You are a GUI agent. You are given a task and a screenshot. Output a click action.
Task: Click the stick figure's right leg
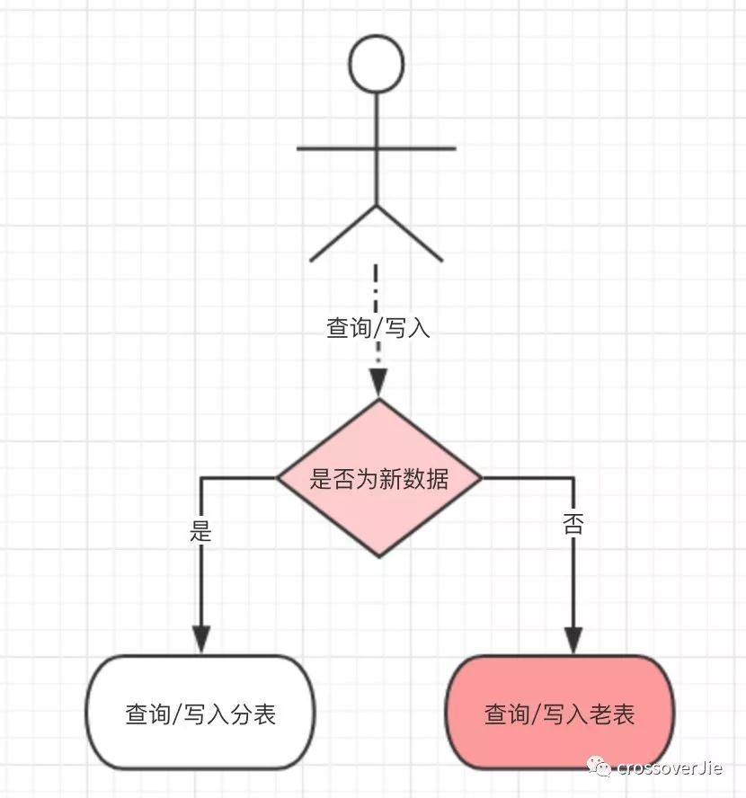(x=410, y=233)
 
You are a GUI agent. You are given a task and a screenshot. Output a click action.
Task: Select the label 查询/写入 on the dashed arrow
(x=378, y=328)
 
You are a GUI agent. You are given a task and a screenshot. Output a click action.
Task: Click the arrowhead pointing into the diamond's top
(x=378, y=384)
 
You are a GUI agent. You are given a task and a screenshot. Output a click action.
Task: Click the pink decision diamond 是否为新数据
(x=378, y=478)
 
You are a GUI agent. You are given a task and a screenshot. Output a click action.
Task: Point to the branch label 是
(x=200, y=530)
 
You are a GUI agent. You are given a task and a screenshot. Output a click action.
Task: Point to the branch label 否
(x=573, y=524)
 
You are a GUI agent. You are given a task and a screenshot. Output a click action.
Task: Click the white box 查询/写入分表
(x=200, y=714)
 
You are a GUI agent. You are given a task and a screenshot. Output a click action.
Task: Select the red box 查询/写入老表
(x=560, y=714)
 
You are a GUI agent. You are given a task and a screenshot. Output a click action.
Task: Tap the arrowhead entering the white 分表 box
(x=200, y=638)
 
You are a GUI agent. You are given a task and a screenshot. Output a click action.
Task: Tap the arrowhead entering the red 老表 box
(x=573, y=638)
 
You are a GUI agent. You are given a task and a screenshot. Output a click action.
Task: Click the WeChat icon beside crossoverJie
(x=599, y=766)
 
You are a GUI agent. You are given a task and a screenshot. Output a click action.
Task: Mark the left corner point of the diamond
(x=278, y=478)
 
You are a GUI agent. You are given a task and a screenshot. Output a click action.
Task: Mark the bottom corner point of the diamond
(x=378, y=555)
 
